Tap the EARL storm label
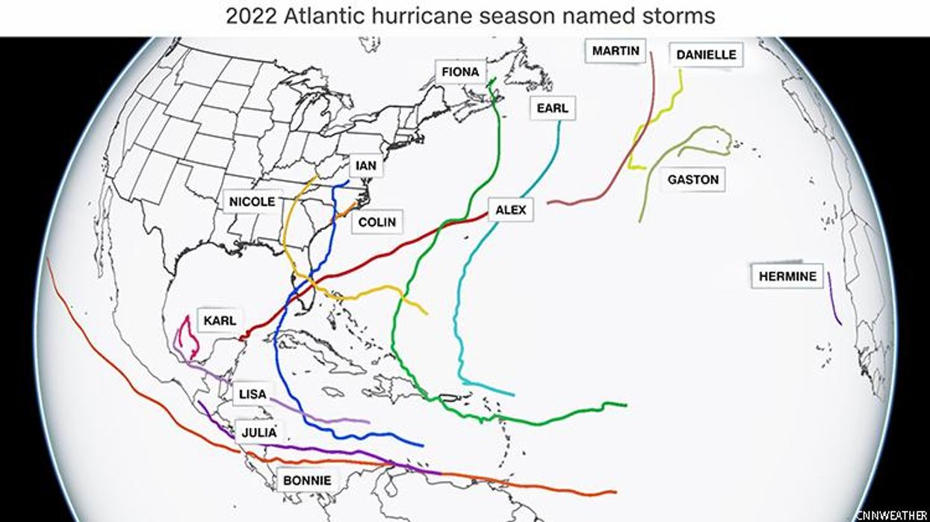(553, 108)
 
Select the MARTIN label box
(616, 51)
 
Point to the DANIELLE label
(706, 55)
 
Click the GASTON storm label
(692, 179)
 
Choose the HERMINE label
(787, 276)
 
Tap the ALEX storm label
(511, 210)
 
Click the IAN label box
(366, 166)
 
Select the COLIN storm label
(376, 222)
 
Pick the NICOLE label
(252, 201)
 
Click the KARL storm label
(220, 320)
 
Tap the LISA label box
(252, 394)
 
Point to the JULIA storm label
(258, 432)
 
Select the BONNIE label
(306, 480)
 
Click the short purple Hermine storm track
(834, 299)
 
